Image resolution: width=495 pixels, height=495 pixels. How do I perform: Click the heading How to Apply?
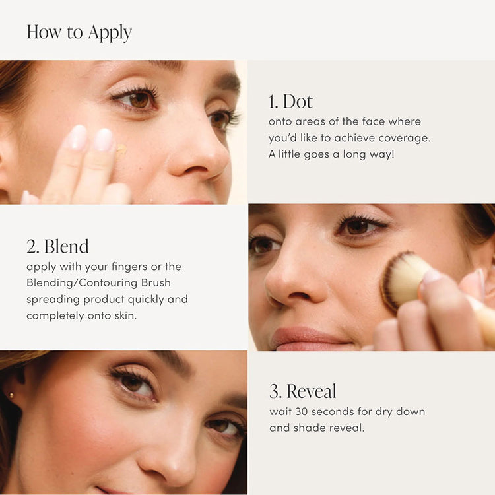79,32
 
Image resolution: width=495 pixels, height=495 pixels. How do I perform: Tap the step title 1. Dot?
290,101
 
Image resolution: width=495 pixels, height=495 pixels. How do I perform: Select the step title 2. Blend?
57,246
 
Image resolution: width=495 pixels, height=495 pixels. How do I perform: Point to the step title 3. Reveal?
303,391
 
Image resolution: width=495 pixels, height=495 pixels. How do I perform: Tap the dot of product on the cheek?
121,150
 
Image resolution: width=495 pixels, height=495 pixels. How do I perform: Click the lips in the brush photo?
309,337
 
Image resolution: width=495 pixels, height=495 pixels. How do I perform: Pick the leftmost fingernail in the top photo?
77,137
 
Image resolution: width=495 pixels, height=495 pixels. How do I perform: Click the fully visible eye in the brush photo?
360,226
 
